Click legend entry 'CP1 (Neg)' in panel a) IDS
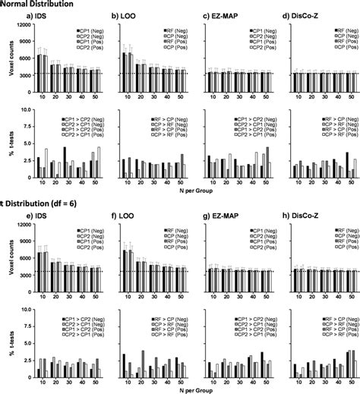pyautogui.click(x=92, y=30)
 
